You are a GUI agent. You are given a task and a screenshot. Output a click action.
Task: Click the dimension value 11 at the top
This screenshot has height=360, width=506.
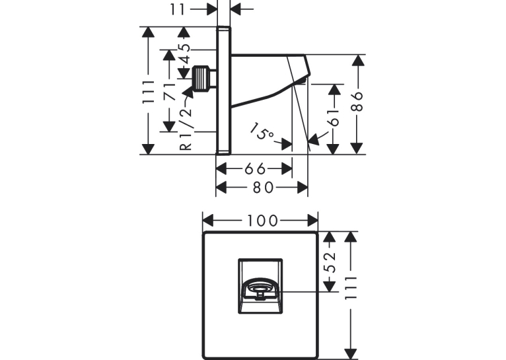coord(178,9)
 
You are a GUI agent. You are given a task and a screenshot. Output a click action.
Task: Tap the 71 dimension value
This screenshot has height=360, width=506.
coord(169,92)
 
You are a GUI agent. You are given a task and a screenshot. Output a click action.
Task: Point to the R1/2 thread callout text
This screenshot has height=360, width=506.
coord(186,128)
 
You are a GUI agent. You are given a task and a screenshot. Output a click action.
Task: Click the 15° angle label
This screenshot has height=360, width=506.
coord(262,131)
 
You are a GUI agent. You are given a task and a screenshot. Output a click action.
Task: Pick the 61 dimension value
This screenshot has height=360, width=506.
coord(334,117)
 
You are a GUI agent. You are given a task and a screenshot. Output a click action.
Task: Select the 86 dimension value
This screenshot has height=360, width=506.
coord(357,101)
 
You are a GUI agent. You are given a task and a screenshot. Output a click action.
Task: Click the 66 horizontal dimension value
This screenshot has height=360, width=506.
coord(255,168)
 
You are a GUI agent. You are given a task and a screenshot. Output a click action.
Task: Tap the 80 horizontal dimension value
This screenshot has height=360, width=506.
coord(264,188)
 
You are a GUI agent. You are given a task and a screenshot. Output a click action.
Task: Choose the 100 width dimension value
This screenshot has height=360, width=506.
coord(262,221)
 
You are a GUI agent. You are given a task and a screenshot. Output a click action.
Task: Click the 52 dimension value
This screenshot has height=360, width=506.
coord(330,262)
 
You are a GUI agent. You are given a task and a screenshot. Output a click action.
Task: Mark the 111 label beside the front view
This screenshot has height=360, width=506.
coord(351,288)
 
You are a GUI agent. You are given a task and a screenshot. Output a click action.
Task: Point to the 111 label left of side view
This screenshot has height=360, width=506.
coord(149,92)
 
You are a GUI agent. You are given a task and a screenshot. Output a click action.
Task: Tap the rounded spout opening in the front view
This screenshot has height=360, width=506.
coord(260,289)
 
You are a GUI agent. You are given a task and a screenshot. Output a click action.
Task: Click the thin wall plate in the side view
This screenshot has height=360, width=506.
coord(223,90)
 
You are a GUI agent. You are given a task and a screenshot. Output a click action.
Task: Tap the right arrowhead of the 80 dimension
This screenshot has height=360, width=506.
coord(303,188)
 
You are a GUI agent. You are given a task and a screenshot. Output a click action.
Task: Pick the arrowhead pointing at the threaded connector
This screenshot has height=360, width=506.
coord(188,92)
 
